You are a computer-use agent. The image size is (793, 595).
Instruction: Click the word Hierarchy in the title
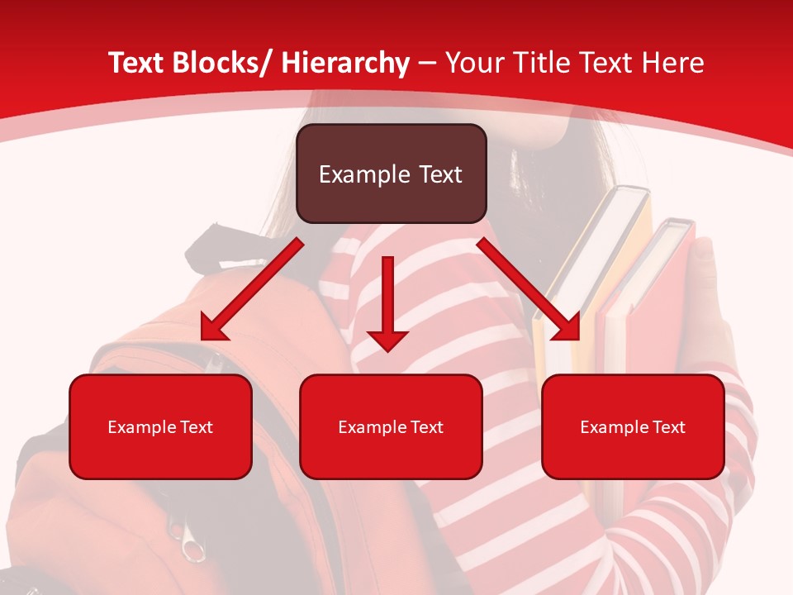point(345,63)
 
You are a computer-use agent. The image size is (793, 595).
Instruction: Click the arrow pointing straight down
point(387,306)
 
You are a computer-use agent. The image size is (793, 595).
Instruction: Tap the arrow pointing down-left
point(248,289)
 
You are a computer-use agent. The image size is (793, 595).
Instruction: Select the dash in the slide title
point(427,63)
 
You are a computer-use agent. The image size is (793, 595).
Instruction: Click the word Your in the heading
point(472,63)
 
